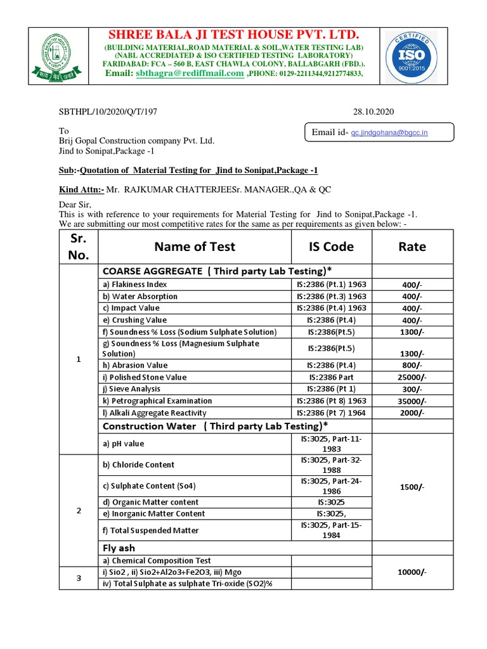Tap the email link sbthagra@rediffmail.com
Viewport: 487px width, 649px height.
point(190,74)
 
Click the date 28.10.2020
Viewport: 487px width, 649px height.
point(373,112)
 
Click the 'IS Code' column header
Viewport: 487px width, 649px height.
point(330,247)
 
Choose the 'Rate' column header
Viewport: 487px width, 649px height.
point(412,247)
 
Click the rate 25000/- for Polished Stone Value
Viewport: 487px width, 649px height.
point(412,378)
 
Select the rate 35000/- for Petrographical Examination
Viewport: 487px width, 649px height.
point(412,401)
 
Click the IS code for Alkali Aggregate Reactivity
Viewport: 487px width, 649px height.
point(332,413)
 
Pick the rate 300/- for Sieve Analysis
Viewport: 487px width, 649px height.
point(412,389)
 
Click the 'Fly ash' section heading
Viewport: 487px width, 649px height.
point(119,548)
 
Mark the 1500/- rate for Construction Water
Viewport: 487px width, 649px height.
point(412,487)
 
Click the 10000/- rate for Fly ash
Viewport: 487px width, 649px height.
point(412,572)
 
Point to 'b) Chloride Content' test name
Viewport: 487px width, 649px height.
point(138,465)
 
